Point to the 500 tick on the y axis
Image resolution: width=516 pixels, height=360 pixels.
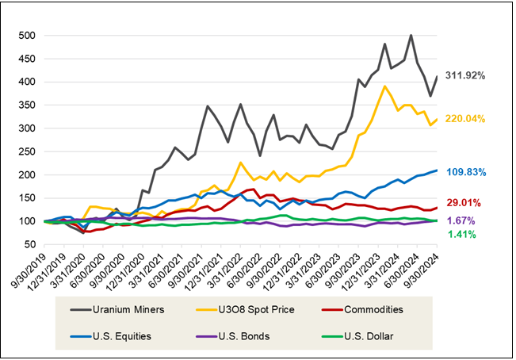pyautogui.click(x=26, y=36)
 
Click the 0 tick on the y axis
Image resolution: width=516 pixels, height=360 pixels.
pyautogui.click(x=32, y=267)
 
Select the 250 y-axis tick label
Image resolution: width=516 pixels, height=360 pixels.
pyautogui.click(x=26, y=151)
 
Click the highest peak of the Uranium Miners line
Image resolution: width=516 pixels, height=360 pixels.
pyautogui.click(x=411, y=35)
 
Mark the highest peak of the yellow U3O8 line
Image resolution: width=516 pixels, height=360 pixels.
pyautogui.click(x=384, y=86)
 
